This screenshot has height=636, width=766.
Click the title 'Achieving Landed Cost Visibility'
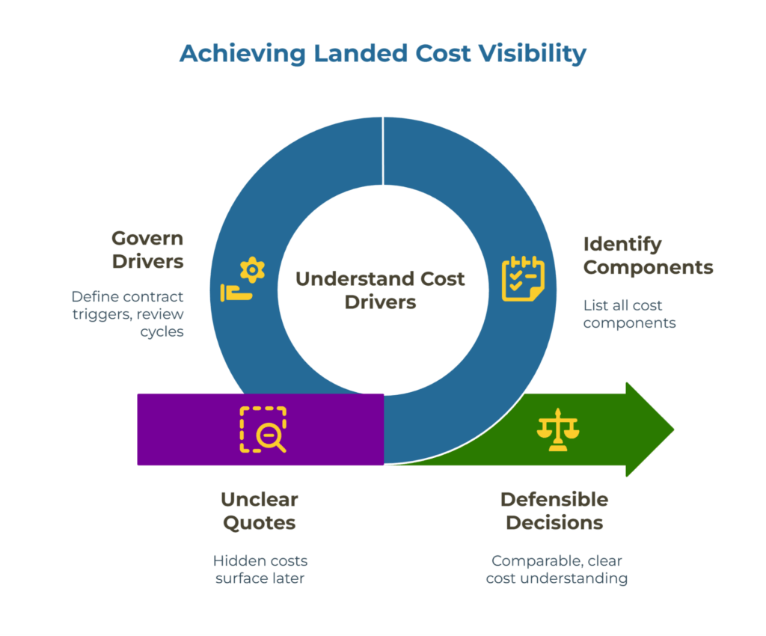[x=382, y=54]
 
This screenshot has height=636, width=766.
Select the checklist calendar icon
[x=523, y=278]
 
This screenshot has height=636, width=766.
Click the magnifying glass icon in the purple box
[x=263, y=429]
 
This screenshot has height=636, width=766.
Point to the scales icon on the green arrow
[x=558, y=430]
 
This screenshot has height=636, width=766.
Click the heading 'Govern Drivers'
[x=147, y=250]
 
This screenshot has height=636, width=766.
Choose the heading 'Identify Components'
[x=648, y=255]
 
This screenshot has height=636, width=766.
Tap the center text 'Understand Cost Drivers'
[x=380, y=290]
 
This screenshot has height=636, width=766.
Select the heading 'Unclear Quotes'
[x=259, y=510]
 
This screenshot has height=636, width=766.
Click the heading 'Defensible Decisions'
[x=554, y=510]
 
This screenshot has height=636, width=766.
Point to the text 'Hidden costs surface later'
[x=260, y=569]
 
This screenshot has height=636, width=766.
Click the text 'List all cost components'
[x=629, y=314]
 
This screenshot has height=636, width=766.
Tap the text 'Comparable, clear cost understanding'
[x=557, y=569]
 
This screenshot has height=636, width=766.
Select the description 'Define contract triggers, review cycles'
[x=128, y=314]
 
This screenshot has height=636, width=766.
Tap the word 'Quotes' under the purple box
[x=259, y=522]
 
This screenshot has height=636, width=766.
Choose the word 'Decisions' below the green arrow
[x=554, y=522]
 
